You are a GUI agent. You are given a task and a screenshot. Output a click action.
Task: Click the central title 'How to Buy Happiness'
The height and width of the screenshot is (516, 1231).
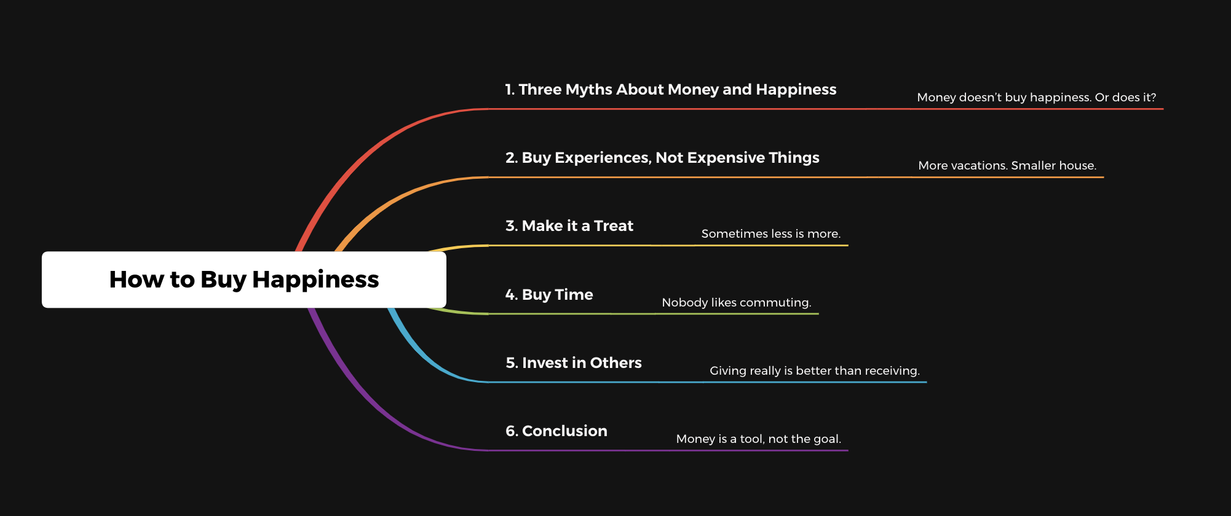coord(244,279)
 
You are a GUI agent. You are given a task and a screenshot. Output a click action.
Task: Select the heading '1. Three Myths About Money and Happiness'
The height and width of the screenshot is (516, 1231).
coord(671,90)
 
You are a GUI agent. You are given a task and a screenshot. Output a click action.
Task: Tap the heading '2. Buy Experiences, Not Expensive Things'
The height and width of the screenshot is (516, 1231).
coord(662,158)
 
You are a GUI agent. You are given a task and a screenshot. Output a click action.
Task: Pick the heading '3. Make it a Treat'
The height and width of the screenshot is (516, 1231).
coord(569,226)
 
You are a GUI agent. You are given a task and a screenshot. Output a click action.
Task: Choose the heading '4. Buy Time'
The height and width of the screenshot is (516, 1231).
coord(549,295)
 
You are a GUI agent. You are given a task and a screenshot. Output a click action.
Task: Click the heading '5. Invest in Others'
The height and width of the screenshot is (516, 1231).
coord(574,363)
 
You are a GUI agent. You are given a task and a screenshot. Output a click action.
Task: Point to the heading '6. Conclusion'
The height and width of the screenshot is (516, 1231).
coord(556,431)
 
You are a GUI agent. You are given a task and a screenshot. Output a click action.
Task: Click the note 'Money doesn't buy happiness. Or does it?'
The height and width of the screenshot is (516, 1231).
coord(1037,98)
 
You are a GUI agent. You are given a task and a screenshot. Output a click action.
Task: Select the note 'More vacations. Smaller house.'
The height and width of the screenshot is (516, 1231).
coord(1007,166)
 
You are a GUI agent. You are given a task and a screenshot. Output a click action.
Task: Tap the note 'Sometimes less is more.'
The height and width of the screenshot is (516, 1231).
coord(771,234)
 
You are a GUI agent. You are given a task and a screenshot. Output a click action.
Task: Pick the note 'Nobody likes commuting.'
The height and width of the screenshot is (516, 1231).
coord(737,303)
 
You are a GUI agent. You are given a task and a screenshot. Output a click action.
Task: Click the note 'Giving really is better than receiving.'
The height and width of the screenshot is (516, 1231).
coord(815,371)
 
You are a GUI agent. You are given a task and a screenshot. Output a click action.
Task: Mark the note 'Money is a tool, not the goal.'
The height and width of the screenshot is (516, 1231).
coord(759,439)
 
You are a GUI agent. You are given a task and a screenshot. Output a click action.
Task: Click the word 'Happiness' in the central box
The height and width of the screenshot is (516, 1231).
coord(315,279)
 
